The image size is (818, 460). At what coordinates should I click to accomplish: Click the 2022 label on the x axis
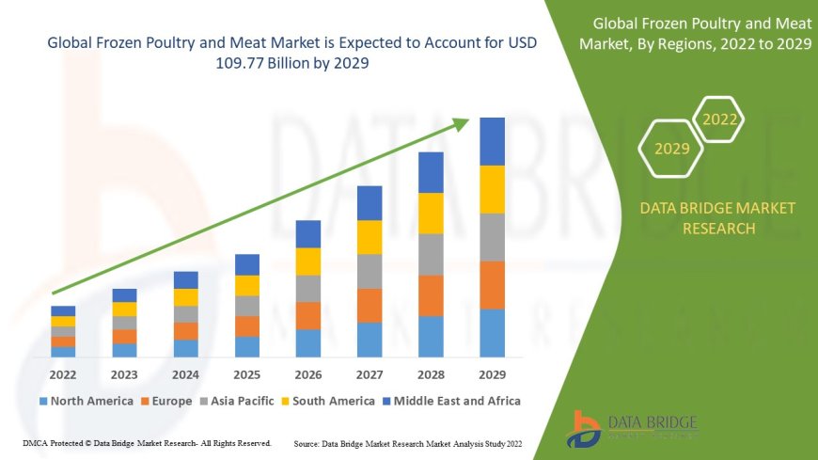[x=63, y=373]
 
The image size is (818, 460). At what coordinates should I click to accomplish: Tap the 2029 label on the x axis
[x=492, y=373]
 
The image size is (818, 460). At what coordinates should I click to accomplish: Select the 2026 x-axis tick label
[x=308, y=373]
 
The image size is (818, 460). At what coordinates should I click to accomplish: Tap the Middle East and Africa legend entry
[x=456, y=401]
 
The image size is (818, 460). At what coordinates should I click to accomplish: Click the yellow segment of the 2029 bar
[x=492, y=189]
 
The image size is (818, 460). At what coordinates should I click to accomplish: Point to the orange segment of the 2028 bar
[x=431, y=295]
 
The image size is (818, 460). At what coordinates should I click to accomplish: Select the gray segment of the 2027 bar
[x=370, y=271]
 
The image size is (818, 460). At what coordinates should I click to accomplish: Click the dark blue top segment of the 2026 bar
[x=308, y=233]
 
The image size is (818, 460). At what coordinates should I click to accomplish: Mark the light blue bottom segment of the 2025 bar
[x=247, y=347]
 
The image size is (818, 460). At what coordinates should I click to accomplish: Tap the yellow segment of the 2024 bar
[x=186, y=297]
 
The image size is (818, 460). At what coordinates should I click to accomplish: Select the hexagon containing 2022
[x=720, y=119]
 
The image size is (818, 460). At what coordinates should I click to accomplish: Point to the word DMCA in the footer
[x=35, y=442]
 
